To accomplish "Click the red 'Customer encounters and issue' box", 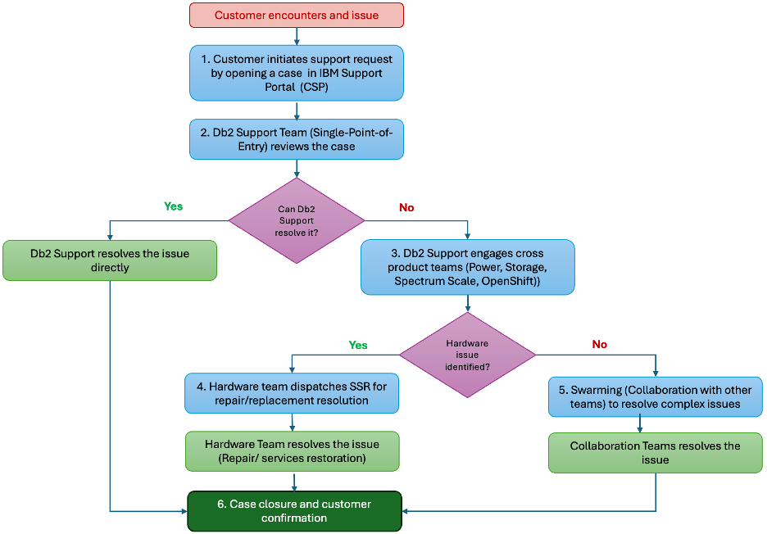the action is point(297,16).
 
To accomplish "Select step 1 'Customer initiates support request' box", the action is point(297,73).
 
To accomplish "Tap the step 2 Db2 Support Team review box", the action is point(297,139).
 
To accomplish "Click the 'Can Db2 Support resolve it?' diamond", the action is point(297,220).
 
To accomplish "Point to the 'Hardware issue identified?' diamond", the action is point(467,355).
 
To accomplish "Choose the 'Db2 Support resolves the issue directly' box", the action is point(110,260).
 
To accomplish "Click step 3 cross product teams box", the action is point(468,267).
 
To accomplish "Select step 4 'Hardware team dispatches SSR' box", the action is point(292,393).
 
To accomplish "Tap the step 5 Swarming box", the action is point(655,396).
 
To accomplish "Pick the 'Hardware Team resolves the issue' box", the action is point(292,450).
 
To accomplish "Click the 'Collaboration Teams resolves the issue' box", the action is point(655,453).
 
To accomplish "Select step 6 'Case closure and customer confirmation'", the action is point(294,511).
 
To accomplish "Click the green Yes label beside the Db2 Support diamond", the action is point(173,206).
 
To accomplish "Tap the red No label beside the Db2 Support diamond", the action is point(406,207).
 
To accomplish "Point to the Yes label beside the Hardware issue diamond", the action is point(358,346).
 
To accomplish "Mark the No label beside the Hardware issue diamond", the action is point(599,344).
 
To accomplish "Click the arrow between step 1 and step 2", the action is point(297,110).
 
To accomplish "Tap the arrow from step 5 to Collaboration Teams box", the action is point(640,424).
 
